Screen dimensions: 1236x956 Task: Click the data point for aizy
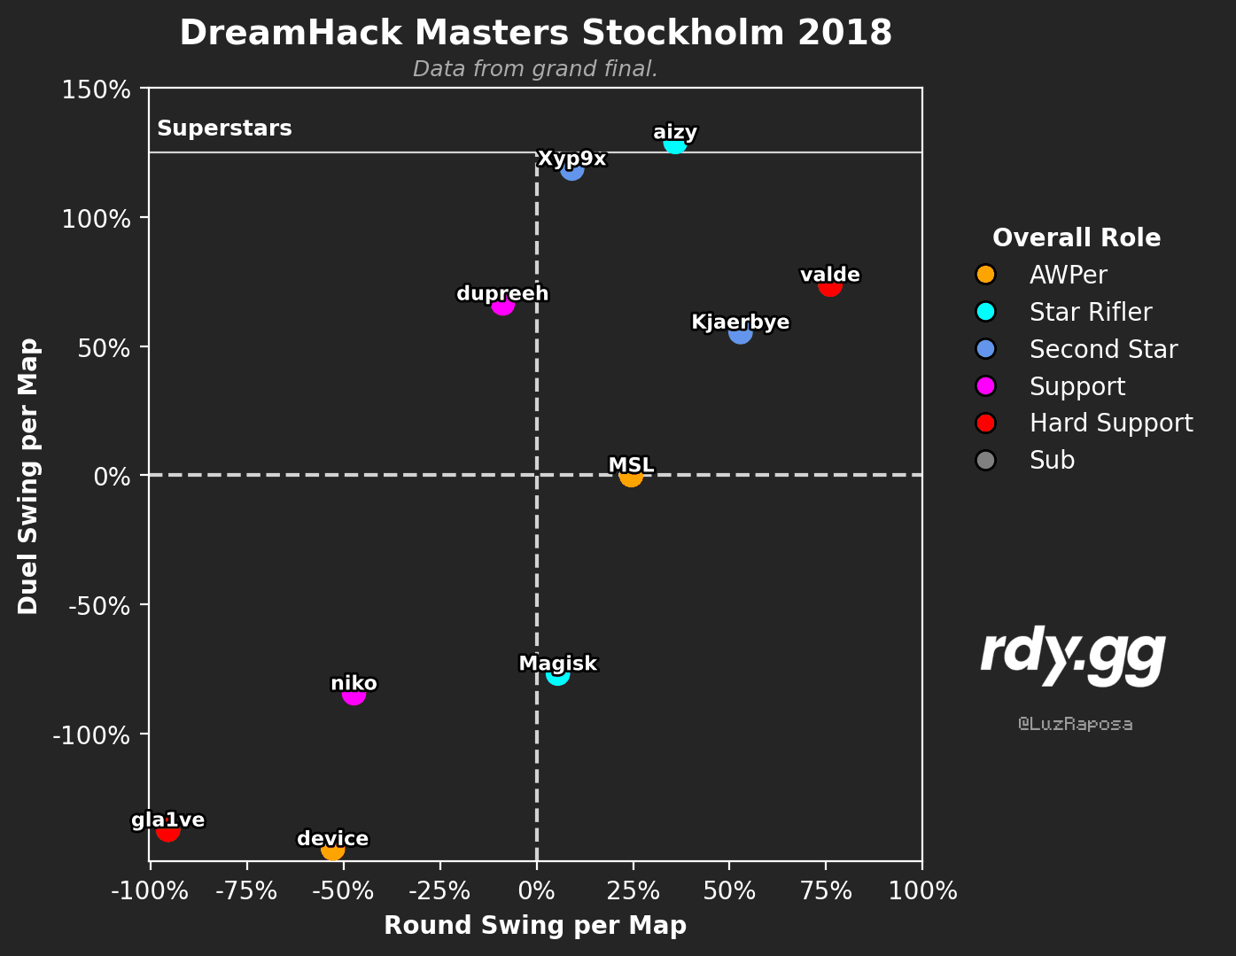[674, 144]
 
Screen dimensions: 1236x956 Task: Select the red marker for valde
[830, 285]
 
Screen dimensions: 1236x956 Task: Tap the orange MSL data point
[631, 476]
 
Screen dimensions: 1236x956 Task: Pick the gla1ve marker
[168, 830]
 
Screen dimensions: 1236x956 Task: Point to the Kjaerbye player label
[740, 322]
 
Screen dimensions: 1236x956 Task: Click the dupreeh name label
[502, 293]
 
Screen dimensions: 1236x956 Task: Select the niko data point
[354, 694]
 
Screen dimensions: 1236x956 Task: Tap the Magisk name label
[558, 663]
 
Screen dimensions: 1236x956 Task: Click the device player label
[333, 838]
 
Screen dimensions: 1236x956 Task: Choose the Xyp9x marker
[571, 169]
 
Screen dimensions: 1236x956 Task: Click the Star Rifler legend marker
[985, 312]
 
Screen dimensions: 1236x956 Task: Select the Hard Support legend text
[1111, 424]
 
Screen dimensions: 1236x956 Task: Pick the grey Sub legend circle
[985, 460]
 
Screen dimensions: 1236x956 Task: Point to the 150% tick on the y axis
[96, 89]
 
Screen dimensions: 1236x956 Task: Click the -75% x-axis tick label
[246, 890]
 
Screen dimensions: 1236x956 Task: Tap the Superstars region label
[224, 128]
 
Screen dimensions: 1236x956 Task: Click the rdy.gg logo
[1073, 656]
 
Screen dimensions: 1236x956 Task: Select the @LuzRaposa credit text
[1075, 724]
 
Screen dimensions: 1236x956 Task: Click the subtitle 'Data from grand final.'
[535, 69]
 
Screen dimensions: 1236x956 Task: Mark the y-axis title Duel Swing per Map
[27, 476]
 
